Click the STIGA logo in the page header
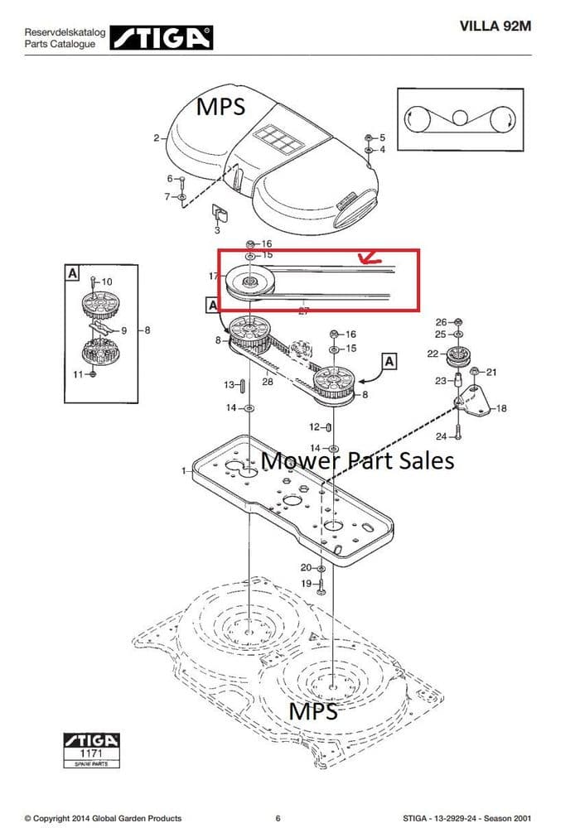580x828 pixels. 162,36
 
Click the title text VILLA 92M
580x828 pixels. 495,26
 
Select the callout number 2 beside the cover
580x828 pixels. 156,138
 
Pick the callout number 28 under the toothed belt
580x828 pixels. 268,382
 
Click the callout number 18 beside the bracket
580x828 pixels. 500,408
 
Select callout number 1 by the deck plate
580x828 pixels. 184,470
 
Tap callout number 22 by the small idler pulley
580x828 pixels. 433,354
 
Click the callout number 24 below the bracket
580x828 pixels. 441,436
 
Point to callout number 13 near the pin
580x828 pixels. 230,385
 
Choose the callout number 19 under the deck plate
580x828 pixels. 305,584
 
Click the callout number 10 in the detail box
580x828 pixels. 107,282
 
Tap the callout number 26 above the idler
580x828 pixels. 441,322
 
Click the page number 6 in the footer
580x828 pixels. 278,819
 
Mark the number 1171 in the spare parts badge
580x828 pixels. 91,754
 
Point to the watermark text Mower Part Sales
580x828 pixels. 358,460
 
